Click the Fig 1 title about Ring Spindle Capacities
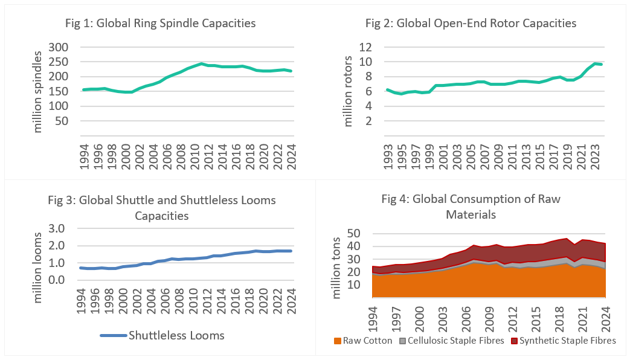(x=160, y=24)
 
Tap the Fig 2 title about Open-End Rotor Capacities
(x=471, y=24)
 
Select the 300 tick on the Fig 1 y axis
(x=58, y=47)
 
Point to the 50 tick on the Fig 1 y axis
(x=62, y=121)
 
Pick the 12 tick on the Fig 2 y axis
(x=365, y=47)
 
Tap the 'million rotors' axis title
(x=347, y=91)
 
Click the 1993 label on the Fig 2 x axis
(x=388, y=156)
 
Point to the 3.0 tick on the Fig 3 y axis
(x=56, y=228)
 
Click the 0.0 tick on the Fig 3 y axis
(x=56, y=280)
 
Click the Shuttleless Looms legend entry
(x=162, y=335)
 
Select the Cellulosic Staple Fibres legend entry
(x=452, y=341)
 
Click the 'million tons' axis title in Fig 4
(x=336, y=268)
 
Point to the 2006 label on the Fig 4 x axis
(x=466, y=320)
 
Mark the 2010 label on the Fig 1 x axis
(x=195, y=156)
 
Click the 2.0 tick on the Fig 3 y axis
(x=56, y=246)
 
